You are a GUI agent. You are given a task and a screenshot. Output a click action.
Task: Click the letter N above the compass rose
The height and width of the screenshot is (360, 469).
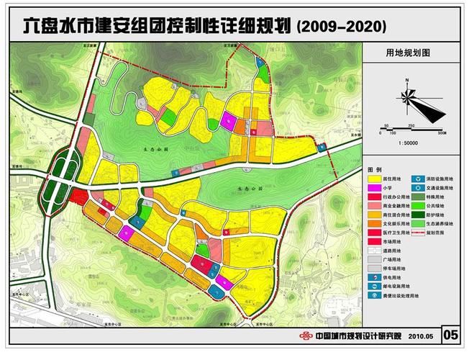click(407, 82)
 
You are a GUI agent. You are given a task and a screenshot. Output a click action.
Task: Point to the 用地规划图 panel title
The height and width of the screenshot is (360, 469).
click(407, 53)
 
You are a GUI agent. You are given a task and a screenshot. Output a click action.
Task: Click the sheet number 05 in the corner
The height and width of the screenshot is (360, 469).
click(451, 335)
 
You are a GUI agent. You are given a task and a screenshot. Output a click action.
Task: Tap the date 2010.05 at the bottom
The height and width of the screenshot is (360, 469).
click(422, 336)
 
